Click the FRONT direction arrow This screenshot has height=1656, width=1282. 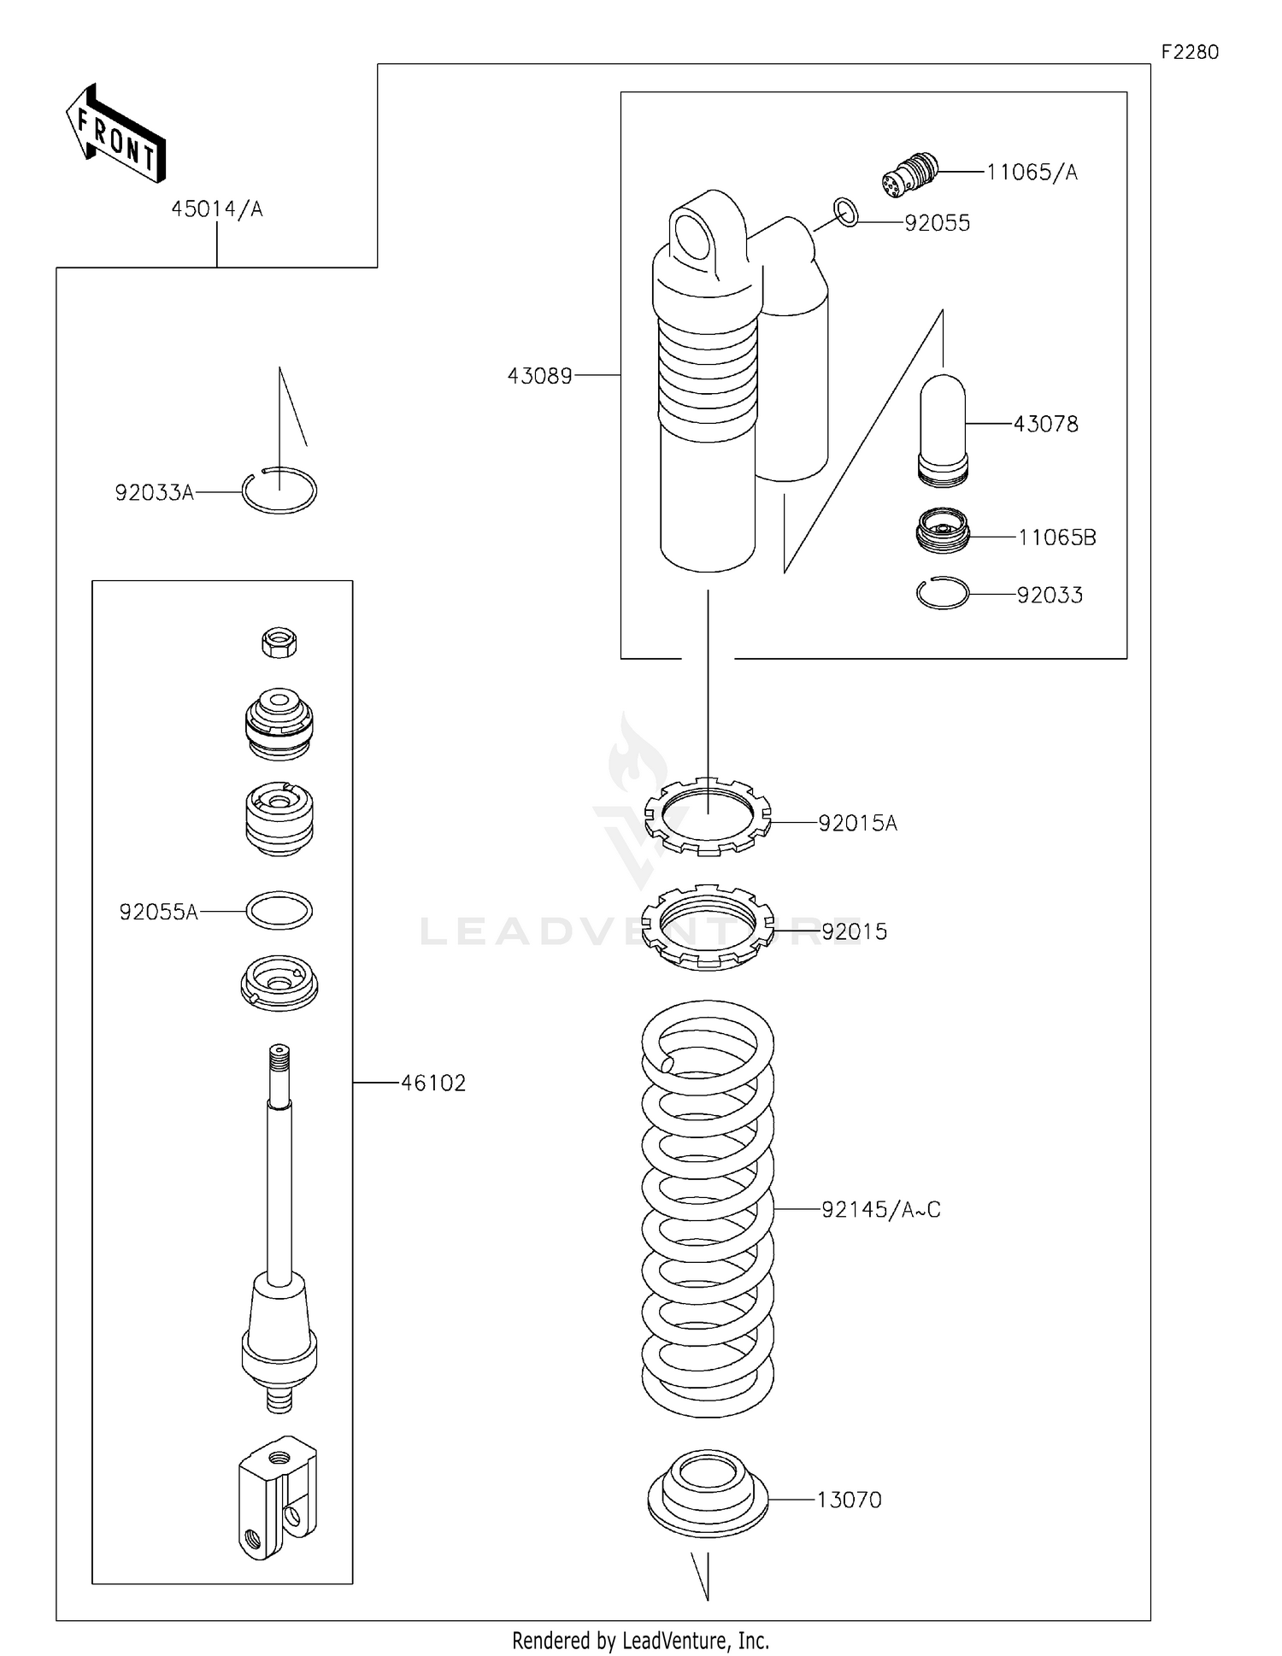click(116, 135)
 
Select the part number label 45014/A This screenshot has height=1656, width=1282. click(216, 209)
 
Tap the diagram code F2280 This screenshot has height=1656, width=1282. click(1189, 52)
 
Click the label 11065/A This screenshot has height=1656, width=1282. click(1032, 173)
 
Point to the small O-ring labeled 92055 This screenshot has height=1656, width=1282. click(845, 212)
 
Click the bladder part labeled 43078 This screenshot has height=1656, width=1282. click(943, 430)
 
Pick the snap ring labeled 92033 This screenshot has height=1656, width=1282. click(942, 593)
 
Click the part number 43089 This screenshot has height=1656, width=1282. click(539, 376)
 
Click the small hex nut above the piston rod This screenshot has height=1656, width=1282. click(279, 642)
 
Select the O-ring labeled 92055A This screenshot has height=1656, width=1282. click(279, 910)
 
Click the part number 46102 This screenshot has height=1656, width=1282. click(433, 1083)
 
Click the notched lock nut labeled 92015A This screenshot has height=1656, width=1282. click(709, 816)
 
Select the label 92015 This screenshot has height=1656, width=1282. click(854, 931)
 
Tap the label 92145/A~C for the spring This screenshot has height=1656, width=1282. click(880, 1210)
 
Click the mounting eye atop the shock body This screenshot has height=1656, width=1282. click(692, 235)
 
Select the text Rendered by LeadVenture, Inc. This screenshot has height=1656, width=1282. click(640, 1641)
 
